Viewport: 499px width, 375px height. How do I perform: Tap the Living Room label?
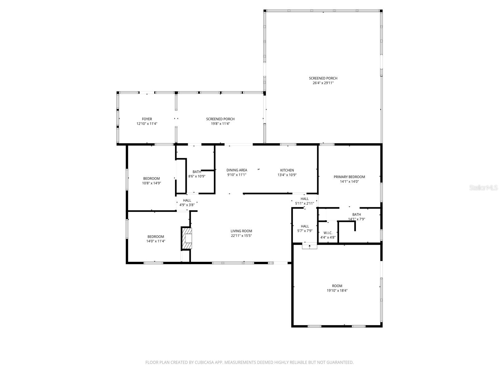tap(241, 231)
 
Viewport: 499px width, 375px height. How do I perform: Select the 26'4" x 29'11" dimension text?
tap(323, 83)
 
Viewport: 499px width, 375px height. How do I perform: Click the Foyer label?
tap(147, 119)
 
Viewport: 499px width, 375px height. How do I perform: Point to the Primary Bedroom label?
tap(349, 177)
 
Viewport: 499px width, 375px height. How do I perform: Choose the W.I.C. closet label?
tap(328, 233)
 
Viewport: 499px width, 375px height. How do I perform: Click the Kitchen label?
tap(287, 170)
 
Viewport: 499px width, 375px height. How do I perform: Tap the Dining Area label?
tap(237, 170)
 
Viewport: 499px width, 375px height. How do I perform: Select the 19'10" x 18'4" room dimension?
tap(337, 291)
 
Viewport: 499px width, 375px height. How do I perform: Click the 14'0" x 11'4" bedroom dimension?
tap(156, 241)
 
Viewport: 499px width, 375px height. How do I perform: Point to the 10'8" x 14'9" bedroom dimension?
tap(151, 183)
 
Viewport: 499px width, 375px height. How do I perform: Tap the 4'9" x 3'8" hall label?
tap(187, 205)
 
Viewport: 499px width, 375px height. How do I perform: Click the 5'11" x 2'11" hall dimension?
tap(304, 203)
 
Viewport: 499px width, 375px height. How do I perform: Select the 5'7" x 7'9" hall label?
tap(305, 231)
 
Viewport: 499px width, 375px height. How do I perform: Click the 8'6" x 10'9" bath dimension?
tap(196, 176)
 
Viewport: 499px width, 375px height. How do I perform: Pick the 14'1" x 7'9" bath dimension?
tap(356, 219)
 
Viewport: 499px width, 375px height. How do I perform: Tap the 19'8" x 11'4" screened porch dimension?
tap(220, 124)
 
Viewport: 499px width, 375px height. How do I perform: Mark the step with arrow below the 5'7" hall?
tap(309, 246)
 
